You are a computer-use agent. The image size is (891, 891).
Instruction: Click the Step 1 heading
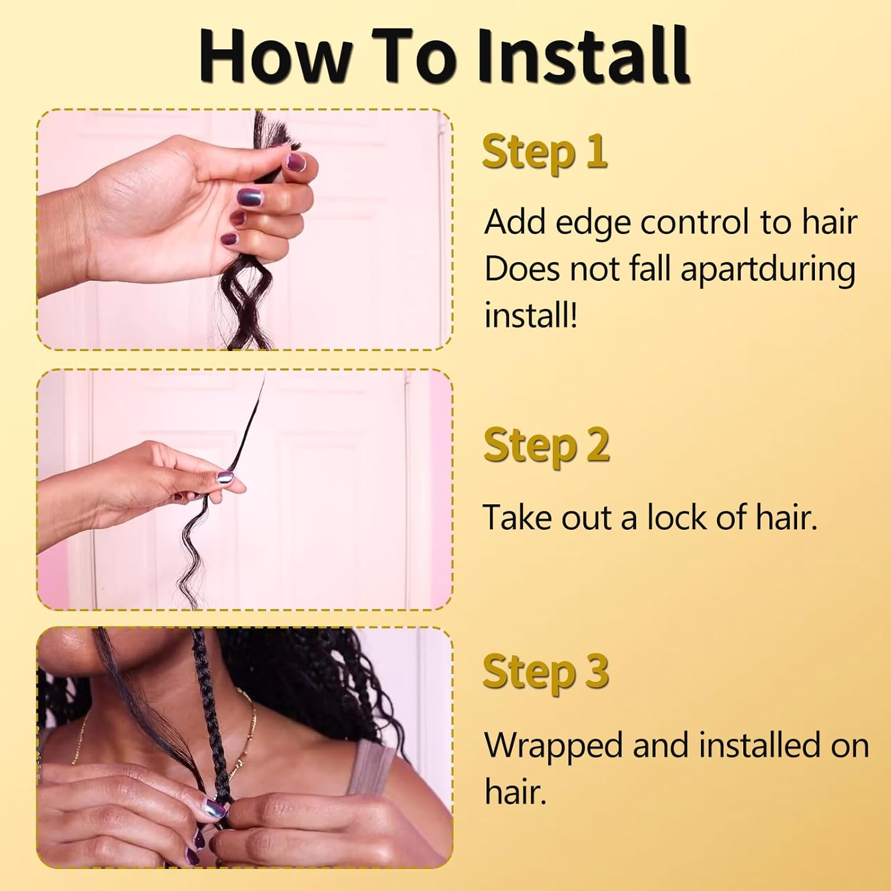[545, 152]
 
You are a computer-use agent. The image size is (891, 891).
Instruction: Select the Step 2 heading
[546, 445]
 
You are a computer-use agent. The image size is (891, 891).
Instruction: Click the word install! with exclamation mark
[530, 315]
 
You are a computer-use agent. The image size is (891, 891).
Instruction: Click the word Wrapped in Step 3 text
[554, 746]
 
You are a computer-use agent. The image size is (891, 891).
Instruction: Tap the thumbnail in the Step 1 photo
[295, 162]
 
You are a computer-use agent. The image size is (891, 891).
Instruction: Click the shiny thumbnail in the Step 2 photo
[225, 477]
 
